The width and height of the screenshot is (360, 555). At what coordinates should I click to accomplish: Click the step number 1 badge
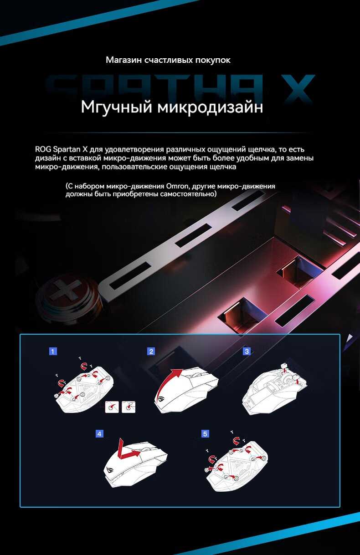point(53,351)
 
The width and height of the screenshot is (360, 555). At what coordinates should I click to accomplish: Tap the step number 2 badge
point(151,351)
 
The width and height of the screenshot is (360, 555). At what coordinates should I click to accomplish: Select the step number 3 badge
point(247,351)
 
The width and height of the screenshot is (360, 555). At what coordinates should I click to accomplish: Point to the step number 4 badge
point(99,434)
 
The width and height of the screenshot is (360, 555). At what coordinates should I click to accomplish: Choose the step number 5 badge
point(205,434)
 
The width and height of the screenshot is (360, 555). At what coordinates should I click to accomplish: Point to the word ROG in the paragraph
point(43,149)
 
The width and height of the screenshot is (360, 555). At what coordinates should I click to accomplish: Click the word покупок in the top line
point(214,60)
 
